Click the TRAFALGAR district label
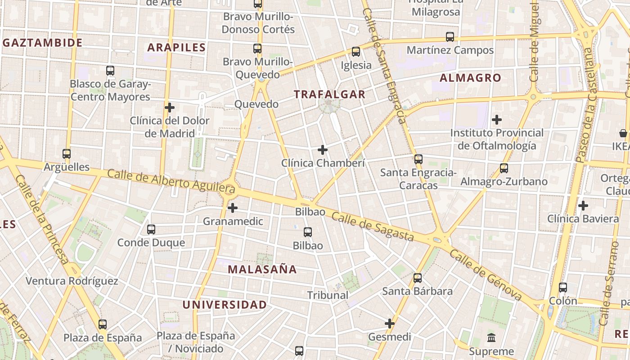coord(329,94)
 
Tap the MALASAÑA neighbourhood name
coord(262,270)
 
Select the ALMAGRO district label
coord(470,78)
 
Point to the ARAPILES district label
coord(176,47)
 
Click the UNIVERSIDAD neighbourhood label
coord(225,305)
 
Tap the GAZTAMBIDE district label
coord(43,43)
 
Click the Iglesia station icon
coord(356,52)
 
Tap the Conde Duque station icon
coord(151,229)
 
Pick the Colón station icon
coord(562,288)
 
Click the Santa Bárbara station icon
coord(418,278)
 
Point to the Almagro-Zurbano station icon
coord(504,168)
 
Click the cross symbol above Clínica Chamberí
coord(323,150)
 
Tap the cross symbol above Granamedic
coord(233,208)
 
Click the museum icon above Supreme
coord(491,337)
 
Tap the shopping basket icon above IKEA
coord(623,133)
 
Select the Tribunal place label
coord(328,295)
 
